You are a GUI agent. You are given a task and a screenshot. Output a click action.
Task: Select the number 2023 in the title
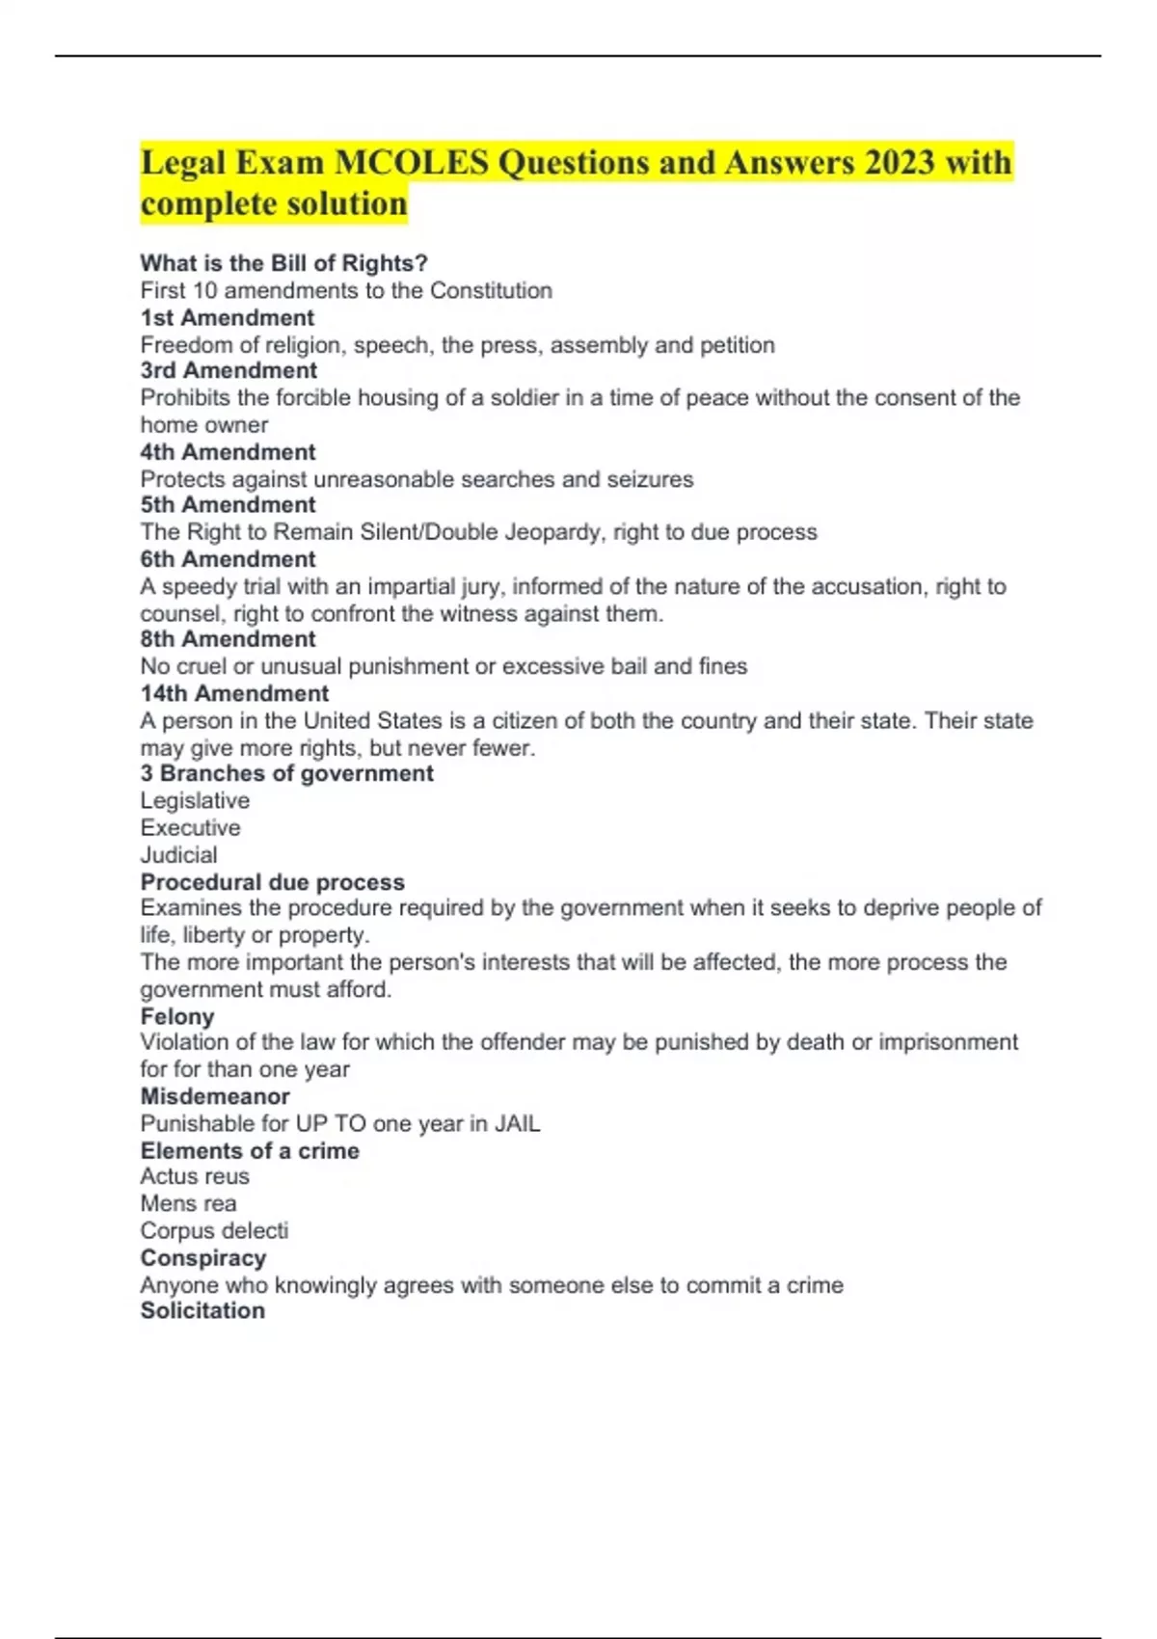pos(900,162)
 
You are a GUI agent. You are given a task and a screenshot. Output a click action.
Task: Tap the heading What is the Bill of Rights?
pos(283,263)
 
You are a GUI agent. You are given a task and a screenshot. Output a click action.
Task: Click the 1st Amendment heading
pos(228,317)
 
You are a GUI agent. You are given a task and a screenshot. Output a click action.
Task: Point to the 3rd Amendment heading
pos(229,370)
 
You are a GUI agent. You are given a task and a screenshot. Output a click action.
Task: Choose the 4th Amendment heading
pos(229,452)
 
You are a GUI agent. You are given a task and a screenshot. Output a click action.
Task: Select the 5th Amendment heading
pos(229,504)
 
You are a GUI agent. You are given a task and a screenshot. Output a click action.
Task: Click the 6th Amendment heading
pos(229,559)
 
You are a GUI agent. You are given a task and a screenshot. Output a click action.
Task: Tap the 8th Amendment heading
pos(229,638)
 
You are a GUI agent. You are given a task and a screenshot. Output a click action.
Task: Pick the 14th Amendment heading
pos(234,693)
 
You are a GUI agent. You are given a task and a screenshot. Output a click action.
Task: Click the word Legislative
pos(195,800)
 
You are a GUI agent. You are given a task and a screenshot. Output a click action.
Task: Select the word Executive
pos(191,827)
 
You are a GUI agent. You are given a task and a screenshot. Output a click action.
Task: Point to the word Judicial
pos(179,854)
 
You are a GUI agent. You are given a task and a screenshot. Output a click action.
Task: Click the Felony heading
pos(177,1016)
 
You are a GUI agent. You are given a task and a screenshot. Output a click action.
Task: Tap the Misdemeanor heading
pos(215,1096)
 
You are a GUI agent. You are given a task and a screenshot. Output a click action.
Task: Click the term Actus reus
pos(195,1176)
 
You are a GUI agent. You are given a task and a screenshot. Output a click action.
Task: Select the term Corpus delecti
pos(214,1230)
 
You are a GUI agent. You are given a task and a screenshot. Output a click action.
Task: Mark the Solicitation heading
pos(202,1310)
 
